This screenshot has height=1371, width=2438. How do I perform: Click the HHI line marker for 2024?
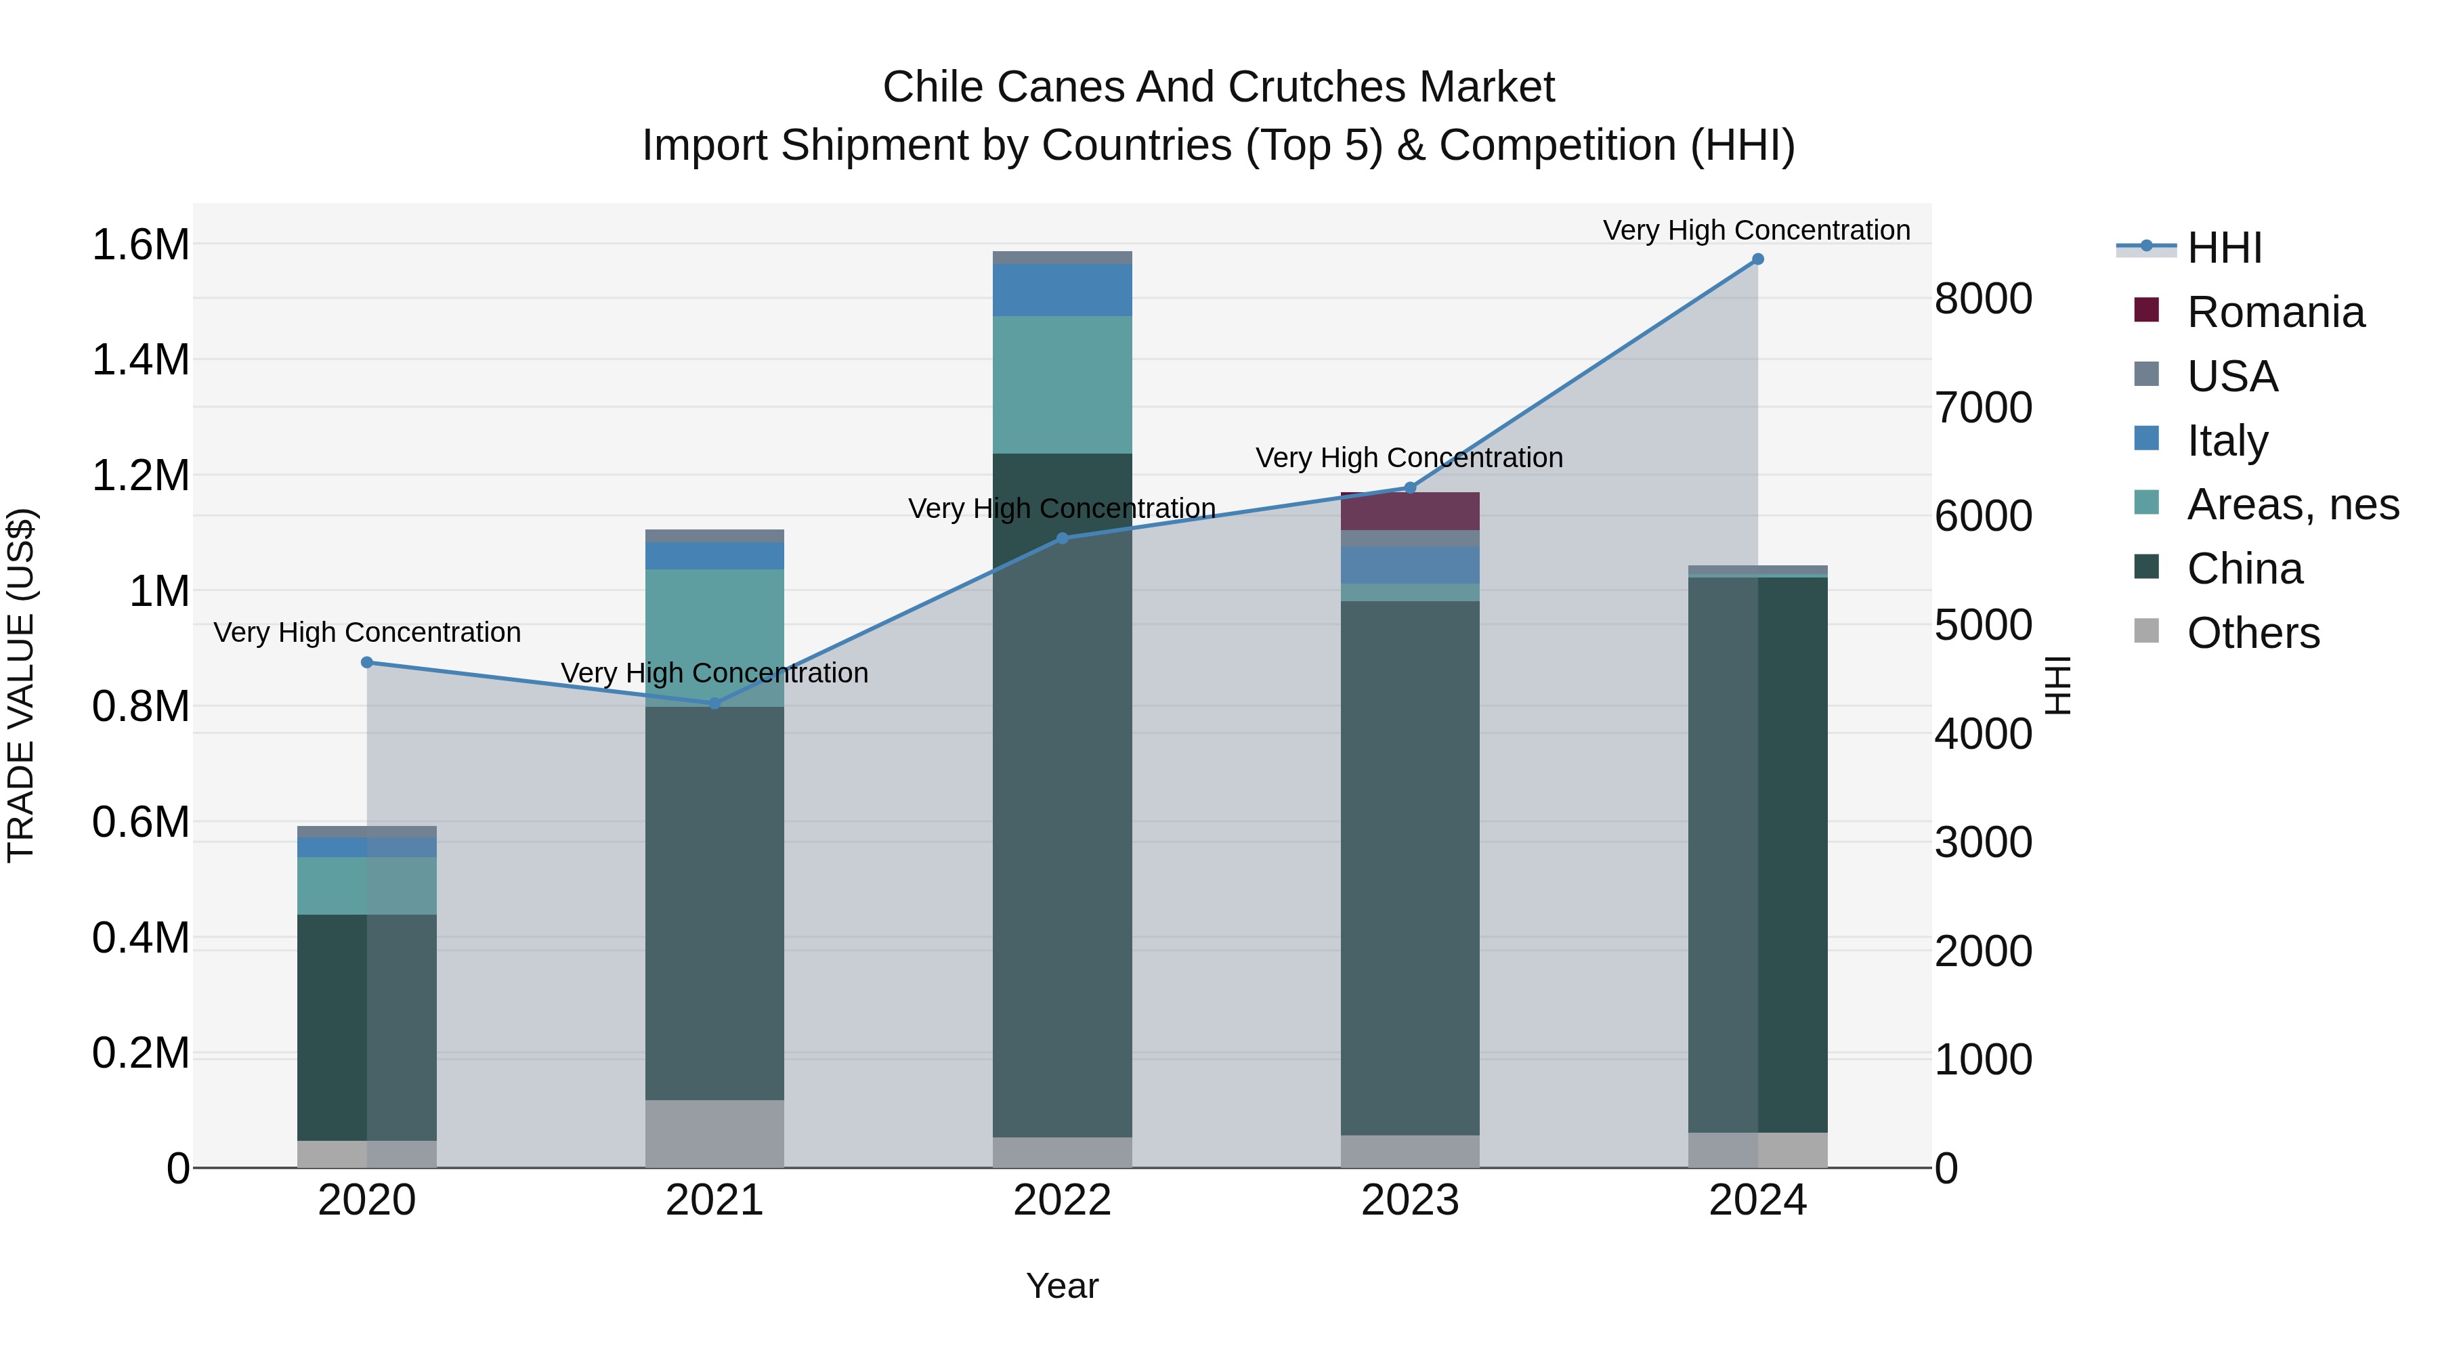coord(1757,259)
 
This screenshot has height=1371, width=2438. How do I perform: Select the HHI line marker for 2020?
coord(367,662)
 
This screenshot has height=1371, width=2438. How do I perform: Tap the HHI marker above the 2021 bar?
coord(714,703)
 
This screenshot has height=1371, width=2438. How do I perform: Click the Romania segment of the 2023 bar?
coord(1409,512)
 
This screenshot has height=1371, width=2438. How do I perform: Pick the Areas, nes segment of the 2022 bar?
coord(1062,385)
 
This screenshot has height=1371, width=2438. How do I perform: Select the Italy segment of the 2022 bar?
coord(1062,290)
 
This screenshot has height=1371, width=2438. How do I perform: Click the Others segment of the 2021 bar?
coord(714,1133)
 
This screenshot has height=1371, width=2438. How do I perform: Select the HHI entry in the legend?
coord(2224,248)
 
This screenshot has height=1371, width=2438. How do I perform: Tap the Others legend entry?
coord(2252,633)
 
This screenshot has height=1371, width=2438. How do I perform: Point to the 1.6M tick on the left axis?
coord(140,245)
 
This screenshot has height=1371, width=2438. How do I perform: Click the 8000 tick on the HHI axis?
coord(1983,299)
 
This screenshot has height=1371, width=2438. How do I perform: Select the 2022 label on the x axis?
coord(1062,1200)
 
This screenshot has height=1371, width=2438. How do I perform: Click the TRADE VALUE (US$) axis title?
coord(21,685)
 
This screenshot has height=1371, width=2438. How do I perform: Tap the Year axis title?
coord(1062,1286)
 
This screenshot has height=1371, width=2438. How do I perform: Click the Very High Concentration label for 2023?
coord(1409,458)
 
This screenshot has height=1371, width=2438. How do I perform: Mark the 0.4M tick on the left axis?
coord(140,938)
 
